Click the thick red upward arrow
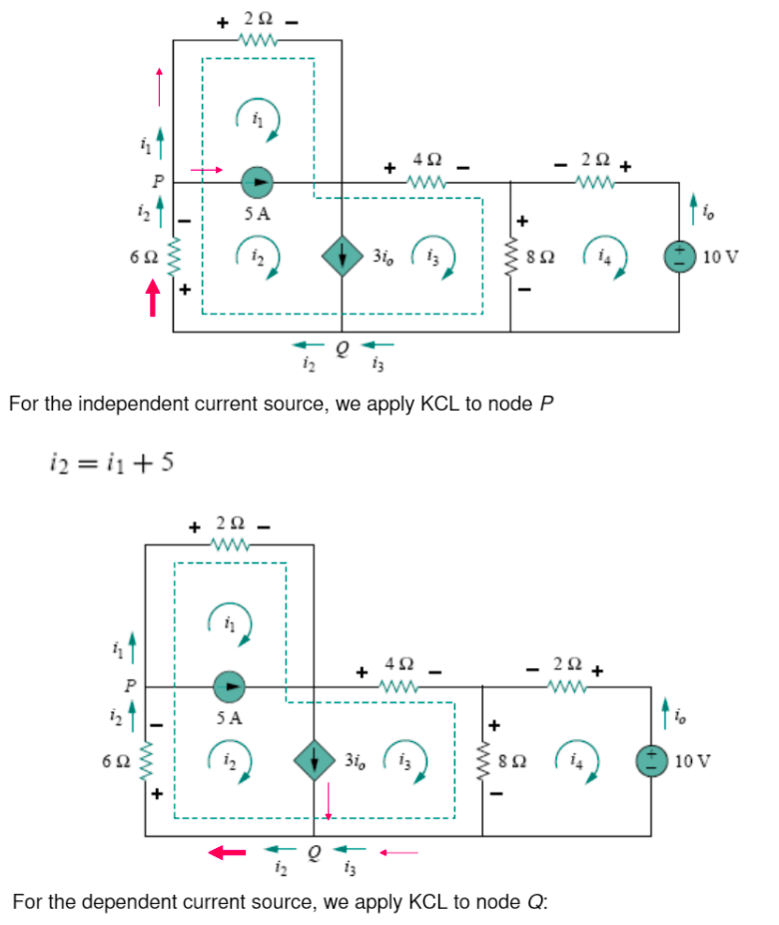click(x=153, y=297)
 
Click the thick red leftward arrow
click(x=227, y=852)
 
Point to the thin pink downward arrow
click(x=328, y=800)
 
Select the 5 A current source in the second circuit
click(x=230, y=686)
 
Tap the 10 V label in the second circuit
click(x=692, y=760)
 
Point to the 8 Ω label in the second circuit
click(x=514, y=759)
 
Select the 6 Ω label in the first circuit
click(x=142, y=256)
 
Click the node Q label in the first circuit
click(x=343, y=349)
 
